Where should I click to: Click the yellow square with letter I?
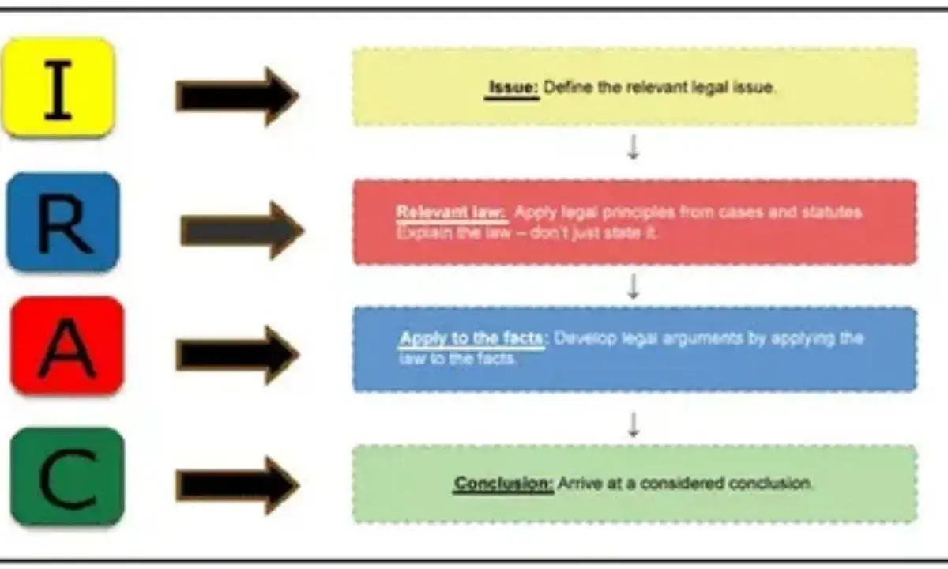58,87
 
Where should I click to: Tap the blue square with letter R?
63,222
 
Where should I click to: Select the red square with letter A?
67,346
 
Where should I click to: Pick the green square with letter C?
67,477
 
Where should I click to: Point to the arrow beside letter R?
242,230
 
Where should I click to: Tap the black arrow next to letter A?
237,355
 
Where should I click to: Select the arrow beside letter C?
237,484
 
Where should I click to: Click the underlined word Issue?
513,87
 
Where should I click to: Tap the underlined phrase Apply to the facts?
471,338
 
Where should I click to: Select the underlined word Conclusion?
503,483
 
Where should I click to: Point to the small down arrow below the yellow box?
633,147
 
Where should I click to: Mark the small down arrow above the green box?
633,425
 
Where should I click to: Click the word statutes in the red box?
836,213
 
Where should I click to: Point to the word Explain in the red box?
419,233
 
